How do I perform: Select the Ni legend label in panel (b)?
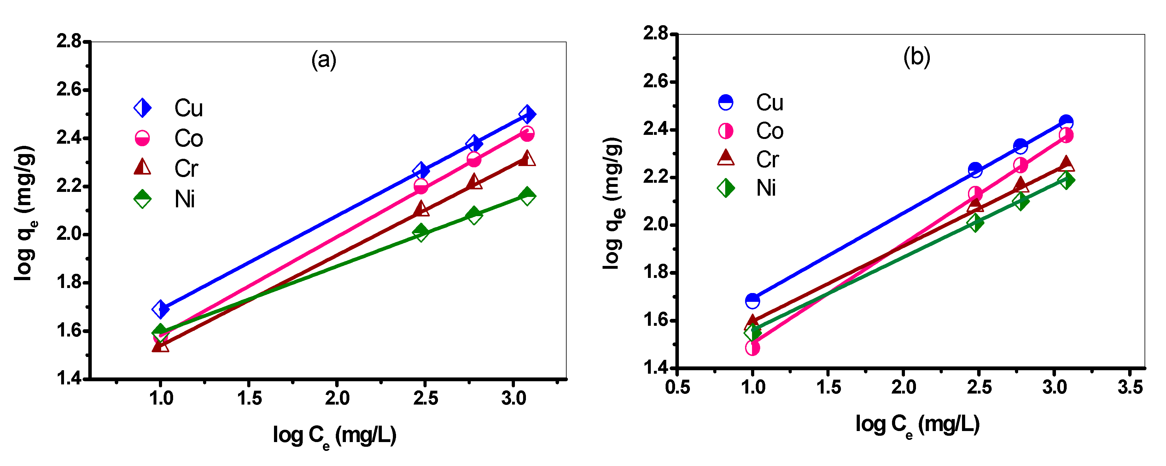[x=766, y=188]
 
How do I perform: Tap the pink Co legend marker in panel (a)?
[x=142, y=138]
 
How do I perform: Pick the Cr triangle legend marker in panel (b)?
[x=726, y=158]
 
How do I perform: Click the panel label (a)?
[x=324, y=60]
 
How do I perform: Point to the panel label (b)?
[x=917, y=57]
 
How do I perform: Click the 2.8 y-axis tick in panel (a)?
[x=69, y=41]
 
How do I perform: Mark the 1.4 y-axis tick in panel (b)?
[x=655, y=367]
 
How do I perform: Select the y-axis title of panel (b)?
[x=612, y=204]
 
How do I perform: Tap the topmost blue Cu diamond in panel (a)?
[x=527, y=114]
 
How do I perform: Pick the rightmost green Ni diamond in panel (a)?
[x=527, y=196]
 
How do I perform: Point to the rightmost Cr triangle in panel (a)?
[x=527, y=159]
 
